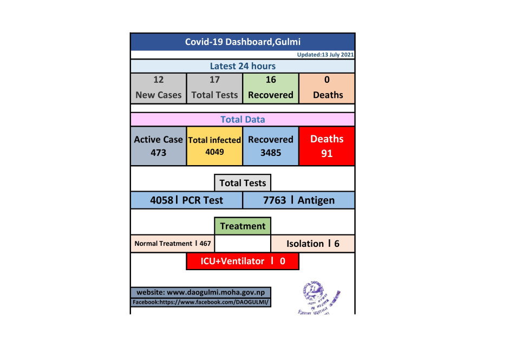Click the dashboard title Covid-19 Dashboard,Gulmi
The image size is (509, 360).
pos(243,42)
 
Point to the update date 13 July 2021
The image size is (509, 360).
pos(325,55)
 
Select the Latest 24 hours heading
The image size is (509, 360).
pos(243,66)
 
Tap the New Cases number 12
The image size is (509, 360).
pos(158,80)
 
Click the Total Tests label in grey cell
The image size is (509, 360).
pos(214,95)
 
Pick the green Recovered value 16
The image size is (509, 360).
pos(271,80)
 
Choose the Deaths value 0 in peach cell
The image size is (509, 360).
pos(327,80)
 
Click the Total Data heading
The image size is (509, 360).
pos(243,119)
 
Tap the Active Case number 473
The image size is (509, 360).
pos(158,153)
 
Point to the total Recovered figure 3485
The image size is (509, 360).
pos(271,153)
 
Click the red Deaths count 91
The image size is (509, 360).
pos(327,153)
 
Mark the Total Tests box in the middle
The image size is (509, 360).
pos(243,183)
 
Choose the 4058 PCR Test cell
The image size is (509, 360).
pos(186,200)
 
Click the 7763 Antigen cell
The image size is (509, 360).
pos(299,200)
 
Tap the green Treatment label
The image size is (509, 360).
pos(243,226)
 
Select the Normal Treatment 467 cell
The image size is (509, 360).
pos(173,244)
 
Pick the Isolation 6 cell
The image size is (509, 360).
pos(312,244)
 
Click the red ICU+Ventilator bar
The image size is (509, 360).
pos(243,261)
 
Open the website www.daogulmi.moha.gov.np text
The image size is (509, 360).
pos(200,292)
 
